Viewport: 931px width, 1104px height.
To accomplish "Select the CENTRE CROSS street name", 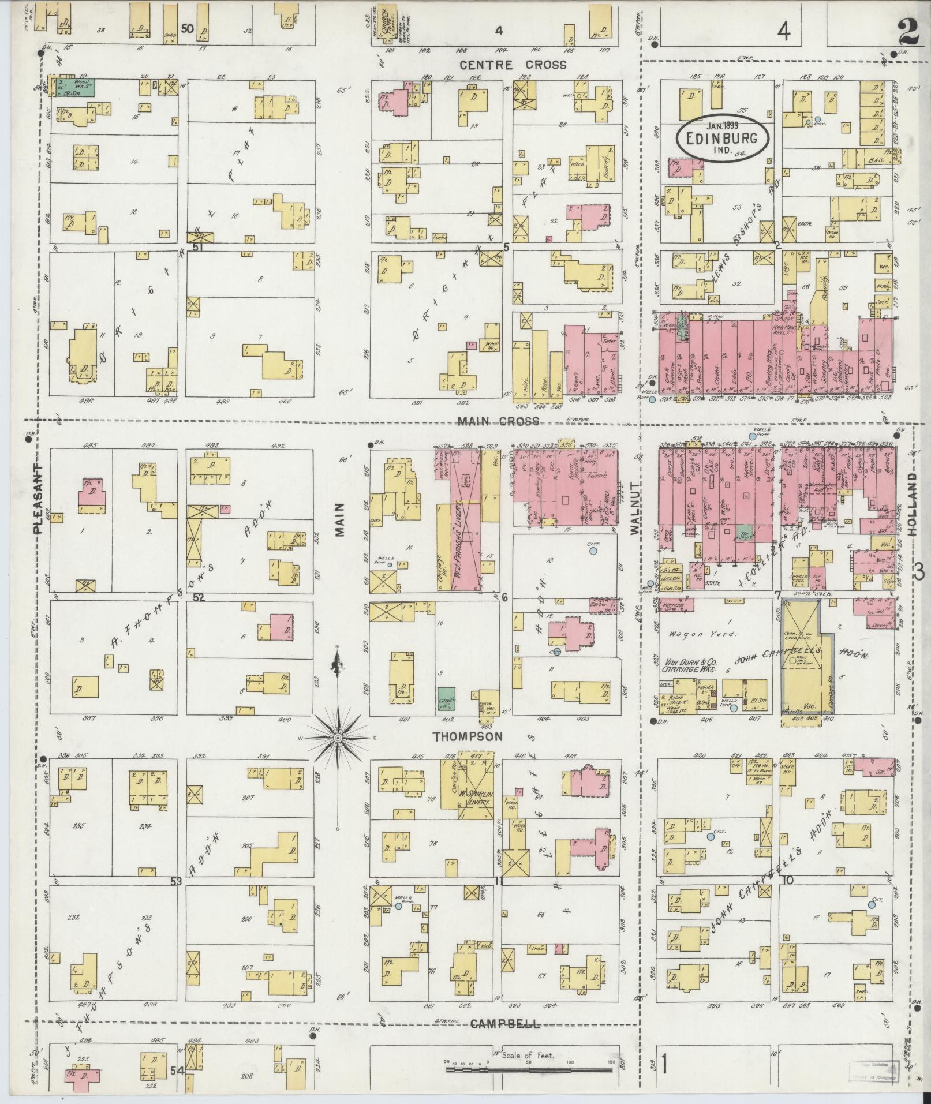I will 513,65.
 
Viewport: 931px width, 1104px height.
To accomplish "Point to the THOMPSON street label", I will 468,737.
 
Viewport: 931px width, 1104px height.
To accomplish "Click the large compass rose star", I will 338,738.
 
